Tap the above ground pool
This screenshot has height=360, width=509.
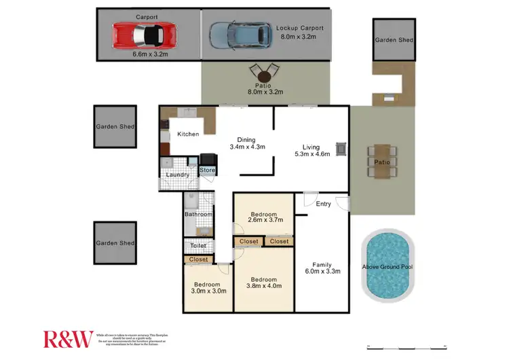click(387, 266)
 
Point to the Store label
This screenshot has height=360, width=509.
click(208, 170)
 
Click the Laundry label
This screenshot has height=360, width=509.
click(178, 175)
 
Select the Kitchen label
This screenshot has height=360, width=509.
click(188, 134)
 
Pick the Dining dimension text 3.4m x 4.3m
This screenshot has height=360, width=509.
click(247, 146)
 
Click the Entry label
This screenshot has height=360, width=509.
click(323, 204)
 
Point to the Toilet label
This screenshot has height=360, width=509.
click(197, 246)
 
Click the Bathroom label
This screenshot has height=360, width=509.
click(198, 215)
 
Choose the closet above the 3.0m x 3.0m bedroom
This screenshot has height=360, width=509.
click(199, 259)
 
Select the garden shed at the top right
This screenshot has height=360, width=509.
click(394, 40)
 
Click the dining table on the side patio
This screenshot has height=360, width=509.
click(382, 162)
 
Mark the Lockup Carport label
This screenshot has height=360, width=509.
click(300, 28)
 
